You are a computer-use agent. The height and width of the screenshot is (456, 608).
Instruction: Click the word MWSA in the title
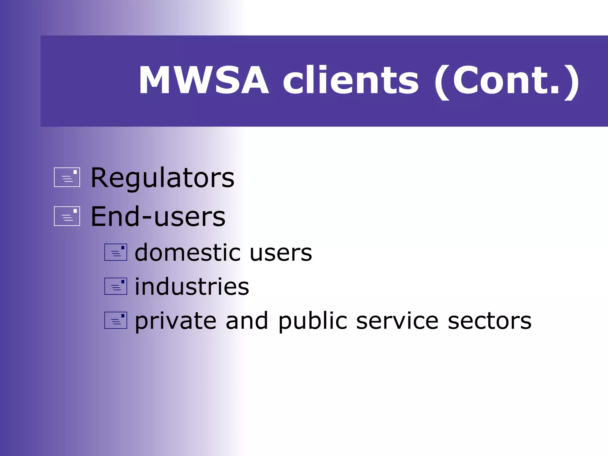(204, 80)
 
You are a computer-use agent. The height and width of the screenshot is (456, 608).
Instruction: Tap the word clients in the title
(350, 80)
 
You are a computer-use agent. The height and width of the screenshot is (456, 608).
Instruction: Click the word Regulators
(162, 178)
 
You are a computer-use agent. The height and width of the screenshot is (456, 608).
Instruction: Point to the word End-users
(158, 217)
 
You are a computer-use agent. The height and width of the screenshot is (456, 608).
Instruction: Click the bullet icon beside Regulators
(67, 177)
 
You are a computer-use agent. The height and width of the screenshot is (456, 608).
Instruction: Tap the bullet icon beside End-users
(67, 216)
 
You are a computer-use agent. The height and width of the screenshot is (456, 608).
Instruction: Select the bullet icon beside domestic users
(115, 252)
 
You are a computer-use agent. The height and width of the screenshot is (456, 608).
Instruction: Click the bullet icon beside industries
(115, 286)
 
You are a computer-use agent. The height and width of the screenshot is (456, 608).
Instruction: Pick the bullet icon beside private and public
(115, 320)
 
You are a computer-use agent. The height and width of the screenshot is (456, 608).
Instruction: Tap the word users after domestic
(281, 253)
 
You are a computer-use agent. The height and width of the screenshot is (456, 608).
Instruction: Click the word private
(175, 321)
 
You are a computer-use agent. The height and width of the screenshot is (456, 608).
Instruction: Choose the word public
(313, 321)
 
